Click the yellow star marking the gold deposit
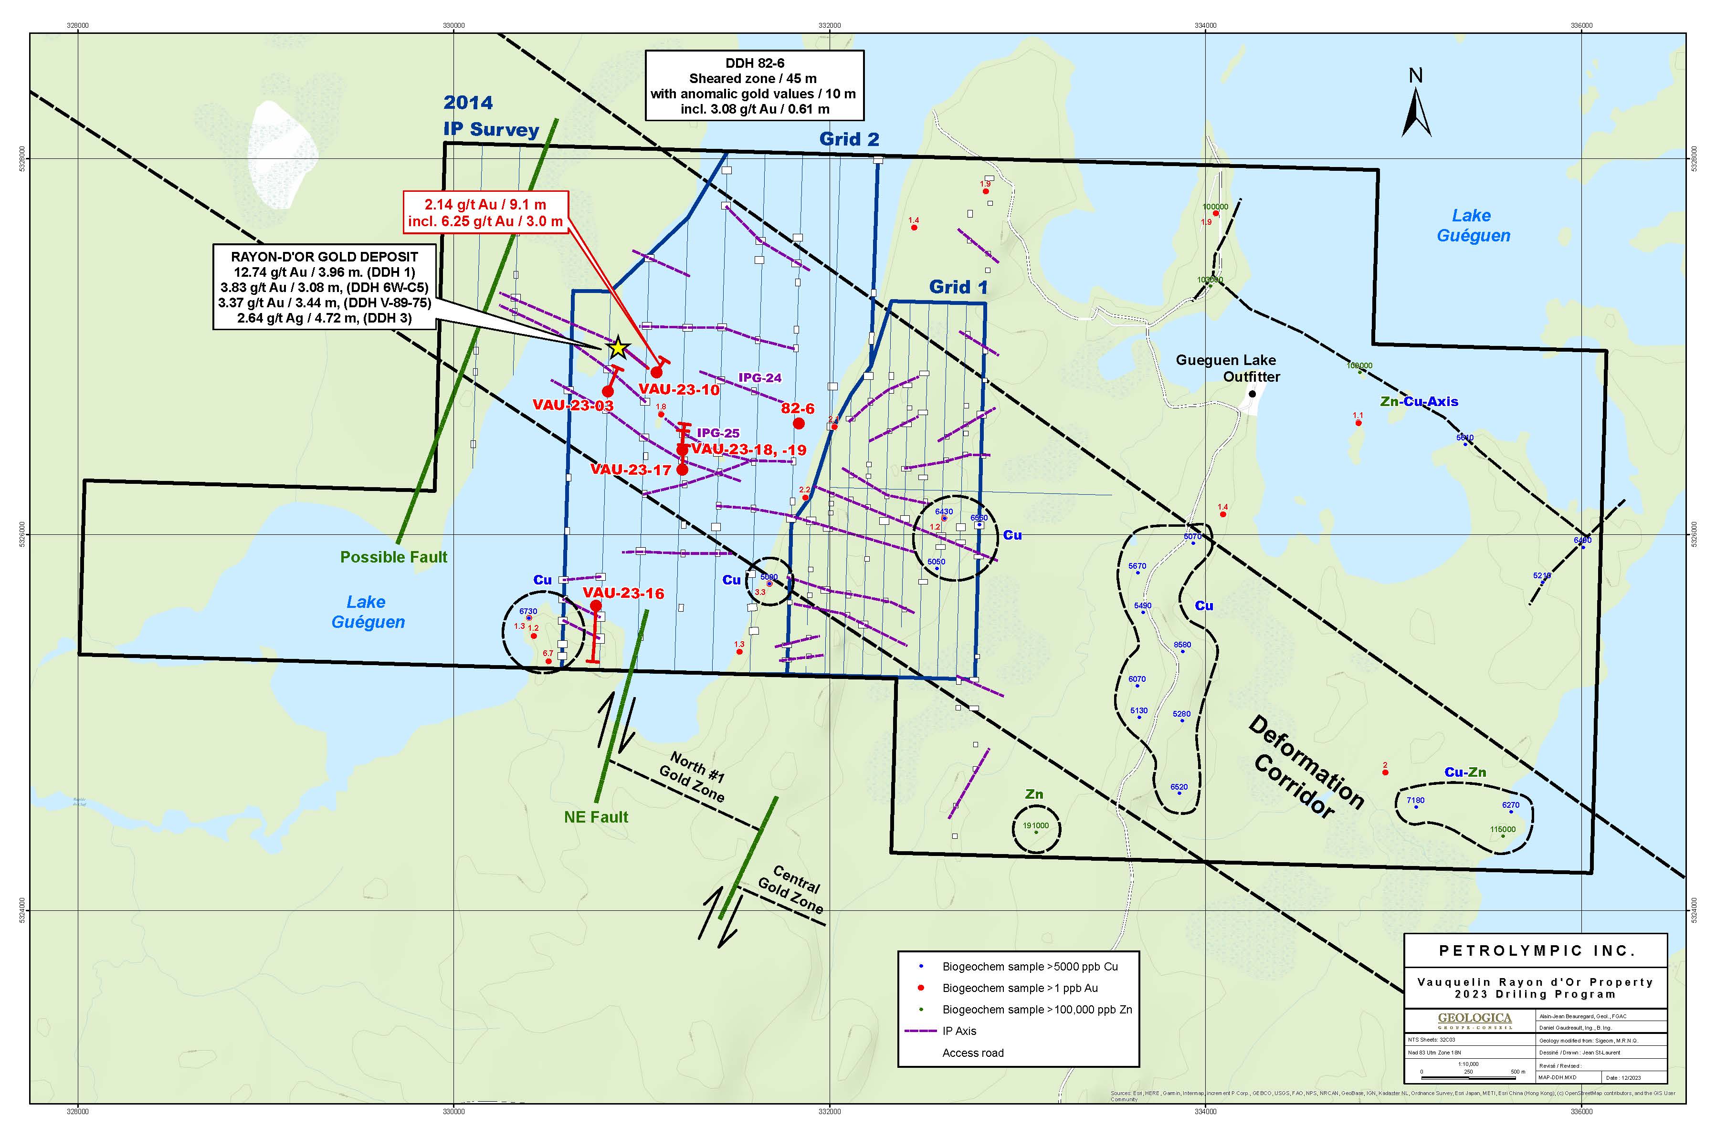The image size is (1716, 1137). [x=617, y=348]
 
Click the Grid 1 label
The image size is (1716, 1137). [x=958, y=287]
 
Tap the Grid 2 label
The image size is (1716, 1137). [x=849, y=139]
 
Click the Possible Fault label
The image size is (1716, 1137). [x=394, y=557]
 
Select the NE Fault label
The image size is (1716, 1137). [x=596, y=817]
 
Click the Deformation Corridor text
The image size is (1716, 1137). [x=1305, y=767]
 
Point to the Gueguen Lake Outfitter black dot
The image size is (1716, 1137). [x=1252, y=394]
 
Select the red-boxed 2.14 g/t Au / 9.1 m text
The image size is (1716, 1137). [x=485, y=205]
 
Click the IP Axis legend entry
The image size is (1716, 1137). [x=959, y=1031]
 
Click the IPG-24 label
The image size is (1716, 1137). [x=759, y=378]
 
